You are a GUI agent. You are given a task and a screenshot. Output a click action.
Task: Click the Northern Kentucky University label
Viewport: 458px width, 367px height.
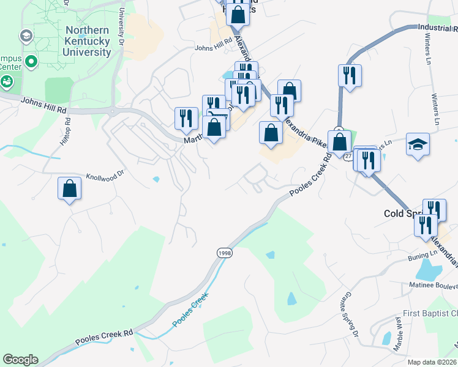tap(88, 41)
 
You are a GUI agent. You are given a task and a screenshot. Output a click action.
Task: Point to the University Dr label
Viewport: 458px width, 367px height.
tap(121, 28)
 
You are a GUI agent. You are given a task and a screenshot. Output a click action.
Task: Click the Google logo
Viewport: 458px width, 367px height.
tap(20, 360)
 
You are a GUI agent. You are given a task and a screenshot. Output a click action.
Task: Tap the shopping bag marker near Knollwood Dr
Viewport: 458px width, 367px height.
tap(70, 188)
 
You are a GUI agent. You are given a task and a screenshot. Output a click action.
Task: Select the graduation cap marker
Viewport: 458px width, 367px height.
tap(418, 144)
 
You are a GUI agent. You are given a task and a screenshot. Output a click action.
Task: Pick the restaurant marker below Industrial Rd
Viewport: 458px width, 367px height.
tap(350, 75)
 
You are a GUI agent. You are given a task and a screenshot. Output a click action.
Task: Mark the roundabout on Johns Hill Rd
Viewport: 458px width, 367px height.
tap(112, 111)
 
